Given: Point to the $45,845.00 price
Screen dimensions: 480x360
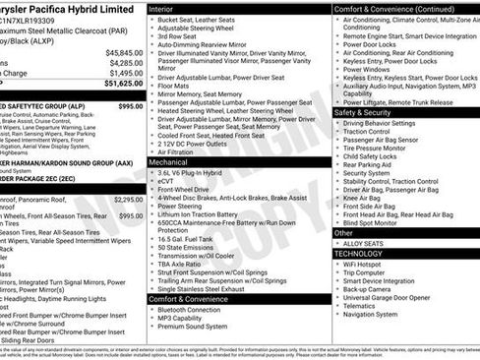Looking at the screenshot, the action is coord(123,51).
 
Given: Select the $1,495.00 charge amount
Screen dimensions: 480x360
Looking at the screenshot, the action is coord(124,73).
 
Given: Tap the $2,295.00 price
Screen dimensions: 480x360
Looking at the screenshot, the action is coord(128,200).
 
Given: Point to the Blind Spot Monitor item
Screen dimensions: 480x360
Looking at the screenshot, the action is coord(375,222).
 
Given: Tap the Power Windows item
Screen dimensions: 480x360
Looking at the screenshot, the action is coord(367,70).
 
